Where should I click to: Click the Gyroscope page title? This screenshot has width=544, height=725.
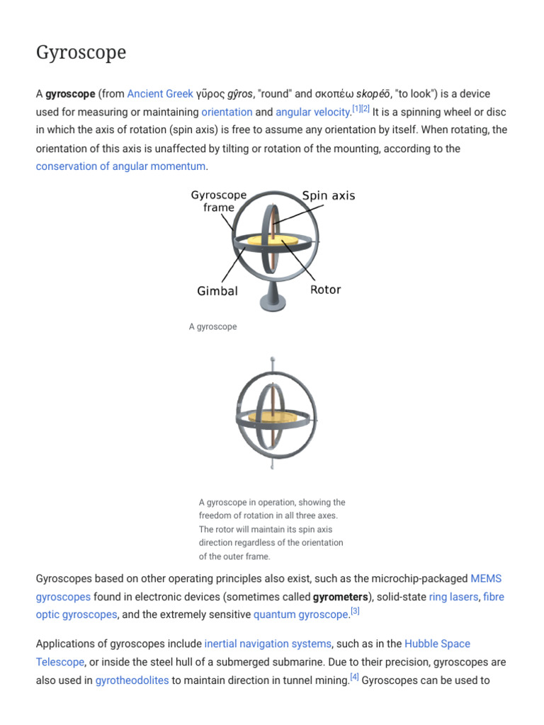point(81,53)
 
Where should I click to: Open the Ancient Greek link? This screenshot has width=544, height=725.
point(160,93)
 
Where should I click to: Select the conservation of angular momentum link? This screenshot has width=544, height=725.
point(120,166)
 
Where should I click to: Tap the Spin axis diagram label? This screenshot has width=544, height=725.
point(329,195)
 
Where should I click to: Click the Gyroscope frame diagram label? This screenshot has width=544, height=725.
point(219,201)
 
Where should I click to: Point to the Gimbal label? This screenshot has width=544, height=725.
point(217,291)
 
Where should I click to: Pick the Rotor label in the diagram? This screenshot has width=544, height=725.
point(326,290)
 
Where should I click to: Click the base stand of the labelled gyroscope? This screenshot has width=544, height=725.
point(273,297)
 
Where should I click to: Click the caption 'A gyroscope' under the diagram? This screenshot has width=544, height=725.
point(212,327)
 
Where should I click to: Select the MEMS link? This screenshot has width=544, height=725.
point(486,578)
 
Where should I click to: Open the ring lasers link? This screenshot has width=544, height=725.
point(453,597)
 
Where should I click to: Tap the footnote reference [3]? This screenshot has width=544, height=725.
point(356,611)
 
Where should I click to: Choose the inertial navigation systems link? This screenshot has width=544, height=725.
point(268,644)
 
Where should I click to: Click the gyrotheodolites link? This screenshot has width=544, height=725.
point(132,680)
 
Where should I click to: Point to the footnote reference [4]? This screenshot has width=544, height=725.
point(354,677)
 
